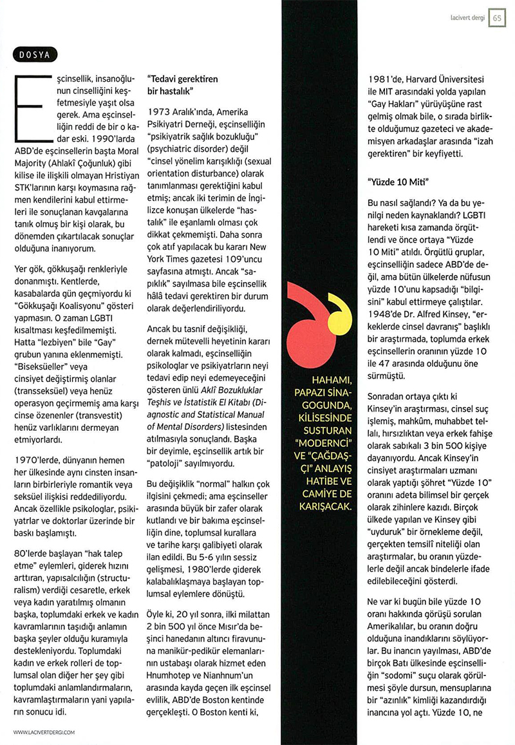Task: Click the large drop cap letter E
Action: coord(28,107)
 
